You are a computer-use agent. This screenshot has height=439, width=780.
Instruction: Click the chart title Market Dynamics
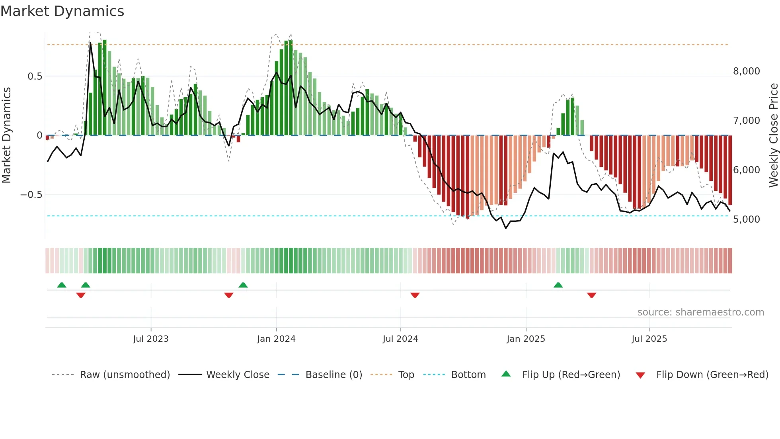click(62, 11)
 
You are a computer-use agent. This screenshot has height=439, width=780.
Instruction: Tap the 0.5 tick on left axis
click(35, 76)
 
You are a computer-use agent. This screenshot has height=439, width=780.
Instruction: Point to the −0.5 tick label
click(31, 194)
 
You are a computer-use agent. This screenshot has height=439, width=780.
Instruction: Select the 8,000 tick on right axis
click(746, 71)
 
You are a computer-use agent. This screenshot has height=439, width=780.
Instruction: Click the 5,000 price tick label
click(746, 219)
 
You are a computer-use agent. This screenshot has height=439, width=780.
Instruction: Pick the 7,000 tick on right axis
click(746, 120)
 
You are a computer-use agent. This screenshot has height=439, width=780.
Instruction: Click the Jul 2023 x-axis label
click(151, 339)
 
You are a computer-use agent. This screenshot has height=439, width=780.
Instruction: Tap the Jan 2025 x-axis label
click(526, 339)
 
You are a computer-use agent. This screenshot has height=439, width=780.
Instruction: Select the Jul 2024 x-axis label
click(400, 339)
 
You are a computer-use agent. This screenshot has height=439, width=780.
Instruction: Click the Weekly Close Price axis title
click(773, 135)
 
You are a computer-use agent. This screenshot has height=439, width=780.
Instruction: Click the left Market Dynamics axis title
click(6, 135)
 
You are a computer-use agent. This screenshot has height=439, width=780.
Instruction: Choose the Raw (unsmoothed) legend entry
click(125, 375)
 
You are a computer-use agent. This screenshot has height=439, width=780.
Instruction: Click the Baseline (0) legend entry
click(333, 375)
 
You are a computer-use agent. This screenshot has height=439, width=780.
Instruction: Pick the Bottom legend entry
click(468, 375)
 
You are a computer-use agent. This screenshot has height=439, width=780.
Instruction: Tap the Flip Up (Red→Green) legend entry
click(571, 375)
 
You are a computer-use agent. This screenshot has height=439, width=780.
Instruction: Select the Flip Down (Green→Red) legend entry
click(712, 375)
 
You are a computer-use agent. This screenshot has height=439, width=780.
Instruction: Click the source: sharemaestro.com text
click(700, 312)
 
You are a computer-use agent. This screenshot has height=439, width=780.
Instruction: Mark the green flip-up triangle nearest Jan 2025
click(558, 285)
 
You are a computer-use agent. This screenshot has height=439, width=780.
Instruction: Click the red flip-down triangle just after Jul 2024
click(415, 295)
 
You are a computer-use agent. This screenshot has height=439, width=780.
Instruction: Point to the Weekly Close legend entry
click(238, 375)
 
